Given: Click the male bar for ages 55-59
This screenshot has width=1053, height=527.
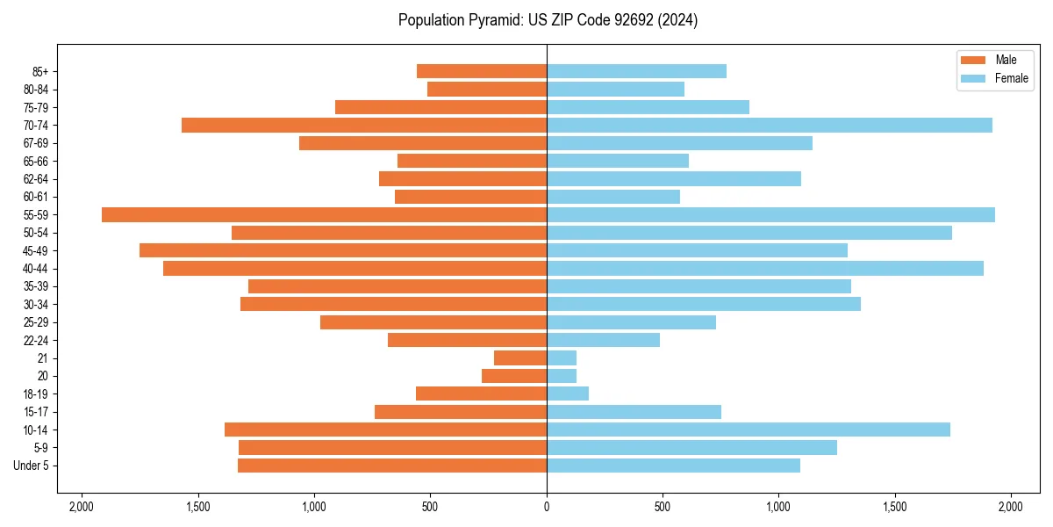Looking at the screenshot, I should pos(324,214).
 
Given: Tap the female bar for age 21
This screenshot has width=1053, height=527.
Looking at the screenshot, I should pos(562,357).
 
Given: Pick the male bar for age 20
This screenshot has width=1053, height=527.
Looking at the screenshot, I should pos(514,376).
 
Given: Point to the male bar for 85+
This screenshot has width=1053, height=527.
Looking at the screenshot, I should pos(482,71).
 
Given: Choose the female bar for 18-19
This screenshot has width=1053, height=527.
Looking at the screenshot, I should pos(568,393).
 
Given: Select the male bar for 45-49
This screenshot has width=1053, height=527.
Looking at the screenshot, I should pos(343,250).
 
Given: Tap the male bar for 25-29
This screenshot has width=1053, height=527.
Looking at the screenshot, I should pos(433,322).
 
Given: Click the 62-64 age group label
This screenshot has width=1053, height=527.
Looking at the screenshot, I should pos(35,179).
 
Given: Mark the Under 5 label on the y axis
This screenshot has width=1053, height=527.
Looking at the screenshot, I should pos(31,466).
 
